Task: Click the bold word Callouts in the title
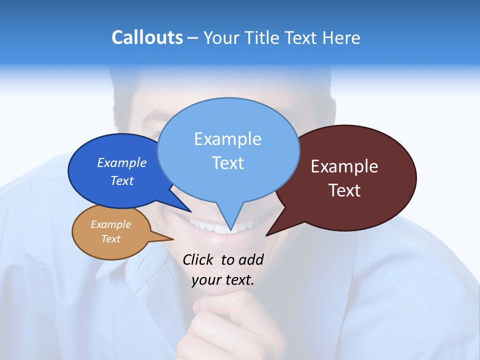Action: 147,37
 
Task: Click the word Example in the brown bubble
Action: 344,166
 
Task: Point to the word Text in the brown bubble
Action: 344,190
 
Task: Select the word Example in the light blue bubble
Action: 227,139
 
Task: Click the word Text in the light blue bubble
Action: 227,163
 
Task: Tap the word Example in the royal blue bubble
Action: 121,163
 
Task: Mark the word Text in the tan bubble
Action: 110,239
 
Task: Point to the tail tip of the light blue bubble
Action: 230,231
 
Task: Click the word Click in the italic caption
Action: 198,260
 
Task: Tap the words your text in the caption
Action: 223,280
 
